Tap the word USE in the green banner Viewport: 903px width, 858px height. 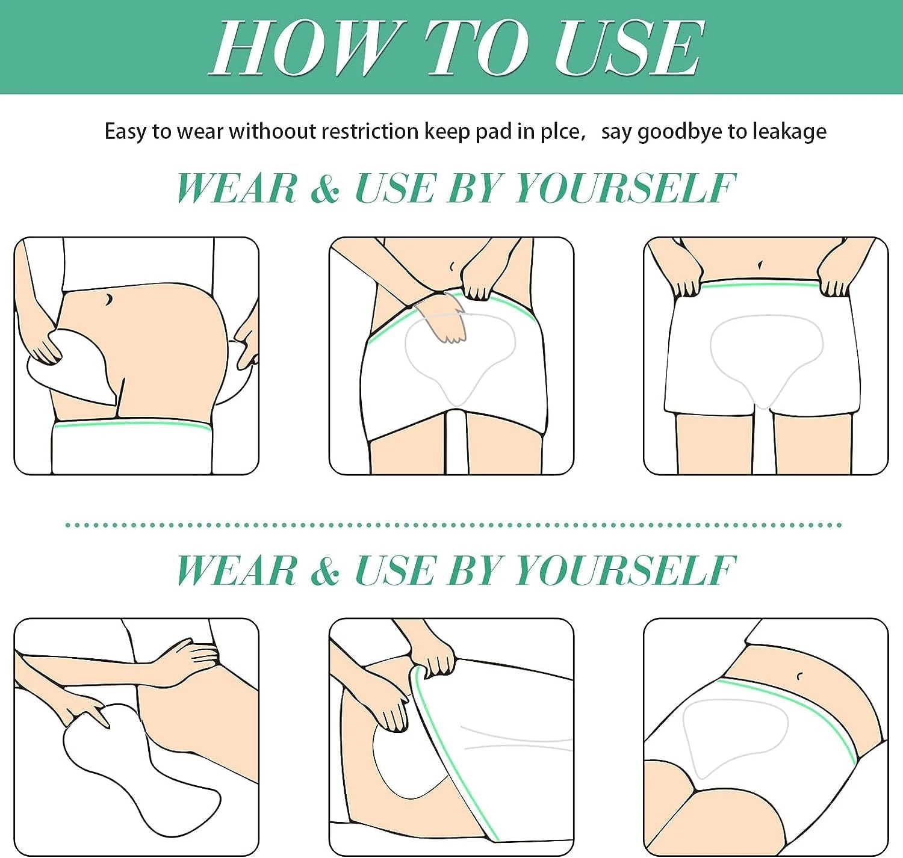[628, 48]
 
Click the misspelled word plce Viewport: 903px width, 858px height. [563, 132]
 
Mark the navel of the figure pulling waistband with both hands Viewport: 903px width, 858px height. [760, 265]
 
